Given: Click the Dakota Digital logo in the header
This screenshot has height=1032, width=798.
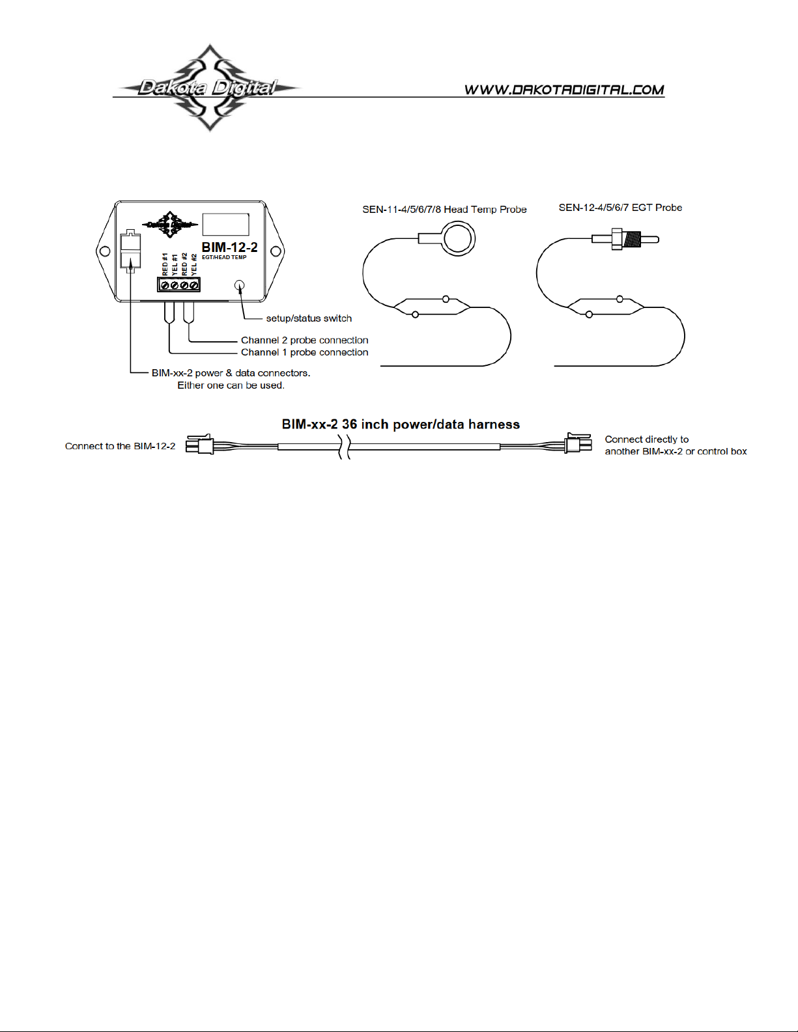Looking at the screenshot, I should pyautogui.click(x=208, y=88).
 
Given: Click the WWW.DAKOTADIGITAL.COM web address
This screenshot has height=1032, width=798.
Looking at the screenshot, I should pyautogui.click(x=564, y=90).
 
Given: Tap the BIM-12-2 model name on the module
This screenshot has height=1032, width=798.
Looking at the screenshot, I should pyautogui.click(x=229, y=247).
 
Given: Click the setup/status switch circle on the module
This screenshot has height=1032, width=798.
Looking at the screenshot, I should pyautogui.click(x=239, y=285).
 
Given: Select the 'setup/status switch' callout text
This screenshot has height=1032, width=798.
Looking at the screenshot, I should pyautogui.click(x=309, y=318).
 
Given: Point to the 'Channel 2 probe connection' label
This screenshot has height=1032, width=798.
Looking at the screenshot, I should pyautogui.click(x=304, y=340).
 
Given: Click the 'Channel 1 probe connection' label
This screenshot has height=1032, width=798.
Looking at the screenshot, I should pyautogui.click(x=304, y=352).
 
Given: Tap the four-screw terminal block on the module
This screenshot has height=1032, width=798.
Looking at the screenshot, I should pyautogui.click(x=178, y=285).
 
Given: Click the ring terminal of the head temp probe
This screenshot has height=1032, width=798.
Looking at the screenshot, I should pyautogui.click(x=458, y=238).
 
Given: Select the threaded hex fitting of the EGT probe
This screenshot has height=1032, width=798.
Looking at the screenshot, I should pyautogui.click(x=625, y=239).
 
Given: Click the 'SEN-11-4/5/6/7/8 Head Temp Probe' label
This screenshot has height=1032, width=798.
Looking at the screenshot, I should pyautogui.click(x=444, y=210).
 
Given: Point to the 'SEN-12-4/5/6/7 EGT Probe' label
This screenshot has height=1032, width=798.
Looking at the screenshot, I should pyautogui.click(x=620, y=208).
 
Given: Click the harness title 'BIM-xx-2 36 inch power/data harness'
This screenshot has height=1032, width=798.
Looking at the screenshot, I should pyautogui.click(x=401, y=425).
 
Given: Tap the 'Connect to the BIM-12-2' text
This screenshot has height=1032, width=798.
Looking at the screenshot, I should pyautogui.click(x=121, y=446).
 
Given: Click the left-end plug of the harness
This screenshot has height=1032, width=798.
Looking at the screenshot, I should pyautogui.click(x=200, y=445).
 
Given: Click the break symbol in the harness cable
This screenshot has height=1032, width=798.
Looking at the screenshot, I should pyautogui.click(x=345, y=447).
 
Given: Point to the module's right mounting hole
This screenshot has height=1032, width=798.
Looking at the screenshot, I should pyautogui.click(x=276, y=251).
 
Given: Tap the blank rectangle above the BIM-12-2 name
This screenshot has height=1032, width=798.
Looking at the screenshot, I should pyautogui.click(x=225, y=224).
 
